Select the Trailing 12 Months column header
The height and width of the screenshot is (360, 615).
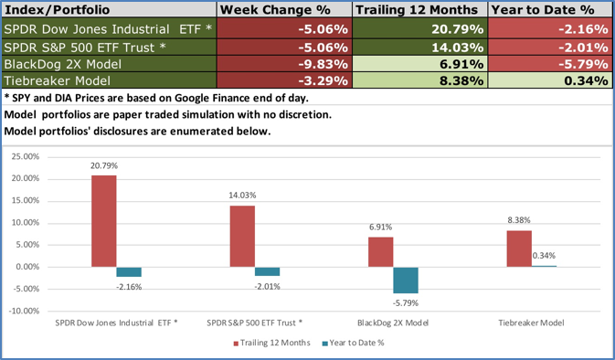(417, 9)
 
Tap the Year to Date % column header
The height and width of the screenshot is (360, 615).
(550, 9)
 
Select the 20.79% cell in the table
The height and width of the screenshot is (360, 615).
(457, 28)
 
